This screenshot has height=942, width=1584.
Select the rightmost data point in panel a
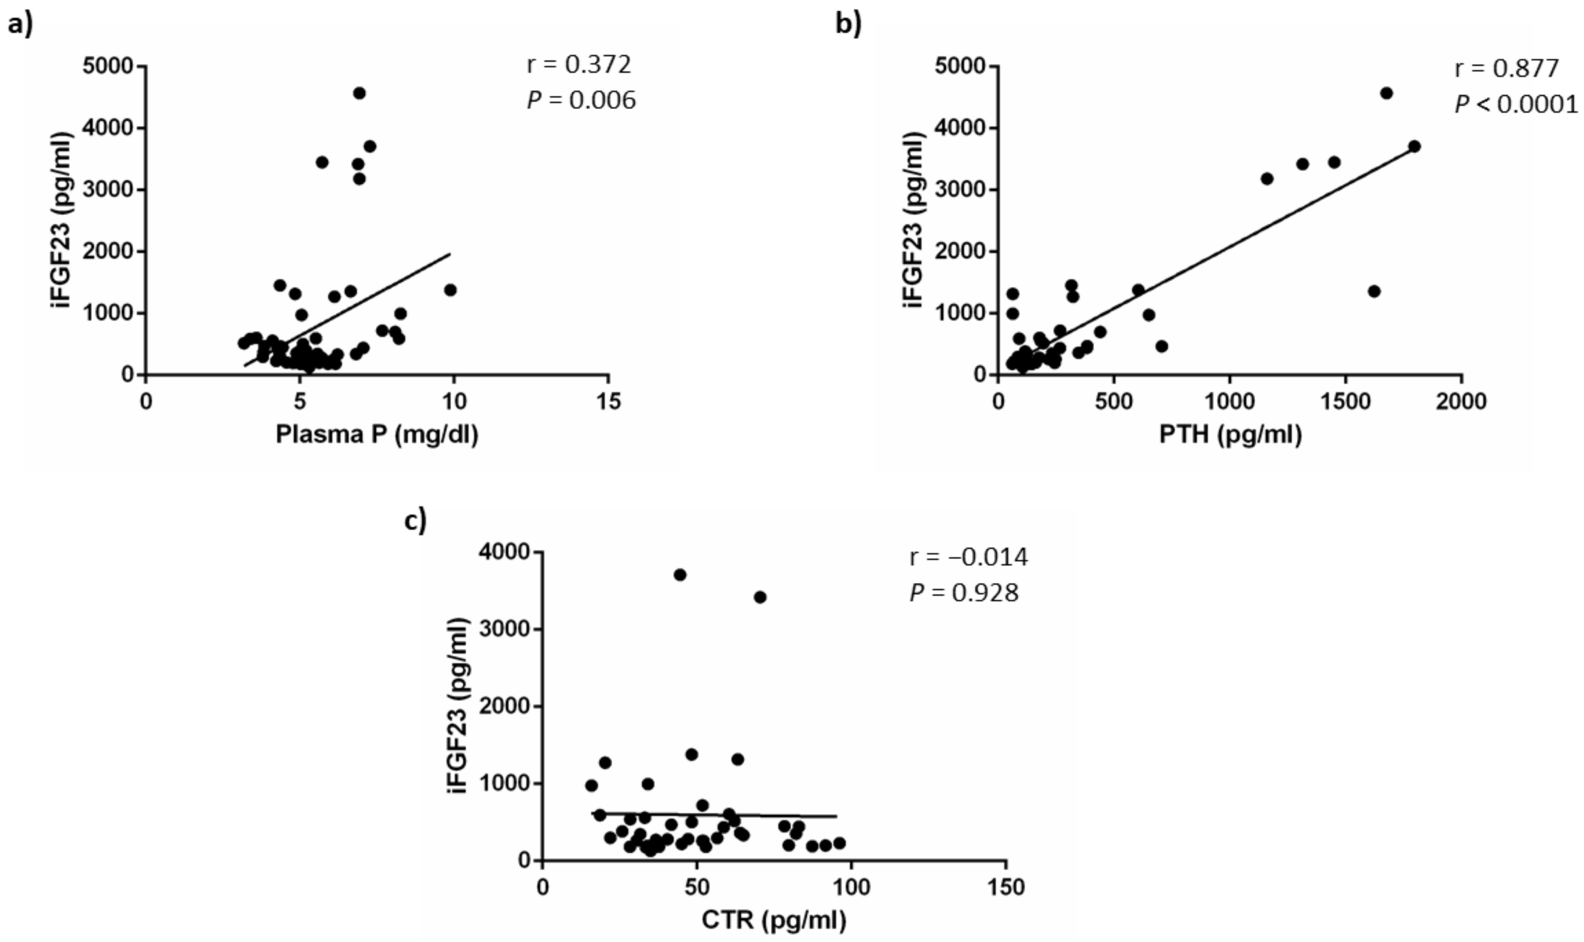[450, 290]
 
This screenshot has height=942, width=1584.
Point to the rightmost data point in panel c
[839, 843]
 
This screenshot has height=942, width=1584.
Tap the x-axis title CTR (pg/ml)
[773, 921]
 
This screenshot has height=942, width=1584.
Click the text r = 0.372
[579, 65]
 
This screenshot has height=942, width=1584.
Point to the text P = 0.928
[964, 593]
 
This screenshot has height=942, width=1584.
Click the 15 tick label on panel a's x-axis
[608, 402]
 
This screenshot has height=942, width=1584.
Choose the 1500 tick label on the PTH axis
[1345, 402]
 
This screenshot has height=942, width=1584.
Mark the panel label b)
[848, 25]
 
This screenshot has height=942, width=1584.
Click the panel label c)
[415, 521]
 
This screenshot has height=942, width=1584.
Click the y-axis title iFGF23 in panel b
[914, 220]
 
